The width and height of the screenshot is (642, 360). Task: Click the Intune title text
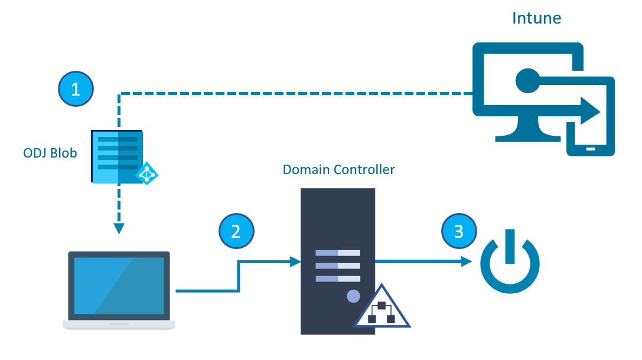(537, 18)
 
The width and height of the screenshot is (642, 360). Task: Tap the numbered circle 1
(76, 89)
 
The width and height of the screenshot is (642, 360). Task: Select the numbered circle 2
(236, 230)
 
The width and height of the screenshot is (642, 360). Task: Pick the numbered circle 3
(458, 230)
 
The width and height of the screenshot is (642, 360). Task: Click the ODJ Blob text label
(50, 153)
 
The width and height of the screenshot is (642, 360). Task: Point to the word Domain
(307, 170)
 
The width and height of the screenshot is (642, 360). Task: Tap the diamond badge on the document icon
(146, 173)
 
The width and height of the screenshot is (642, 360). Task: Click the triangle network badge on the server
(382, 309)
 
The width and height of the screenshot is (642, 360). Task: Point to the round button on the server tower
(353, 296)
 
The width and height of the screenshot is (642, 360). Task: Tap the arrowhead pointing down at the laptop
(119, 228)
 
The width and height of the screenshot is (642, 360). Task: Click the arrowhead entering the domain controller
(295, 261)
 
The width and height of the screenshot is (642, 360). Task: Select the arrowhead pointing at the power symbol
(467, 261)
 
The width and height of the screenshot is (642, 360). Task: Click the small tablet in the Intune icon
(590, 136)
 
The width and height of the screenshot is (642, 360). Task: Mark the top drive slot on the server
(338, 253)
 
